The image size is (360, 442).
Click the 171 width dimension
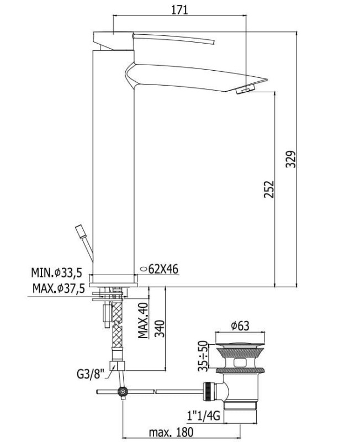pyautogui.click(x=179, y=10)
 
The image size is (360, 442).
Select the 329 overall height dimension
pyautogui.click(x=291, y=159)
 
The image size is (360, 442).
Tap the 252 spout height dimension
pyautogui.click(x=269, y=189)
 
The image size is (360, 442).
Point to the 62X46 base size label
pyautogui.click(x=163, y=269)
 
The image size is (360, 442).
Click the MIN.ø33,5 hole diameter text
pyautogui.click(x=56, y=272)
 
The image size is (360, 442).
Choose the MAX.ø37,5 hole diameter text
pyautogui.click(x=59, y=288)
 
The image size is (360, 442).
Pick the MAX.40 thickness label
pyautogui.click(x=143, y=320)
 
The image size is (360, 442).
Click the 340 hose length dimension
pyautogui.click(x=160, y=329)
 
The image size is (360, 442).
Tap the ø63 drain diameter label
pyautogui.click(x=240, y=326)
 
